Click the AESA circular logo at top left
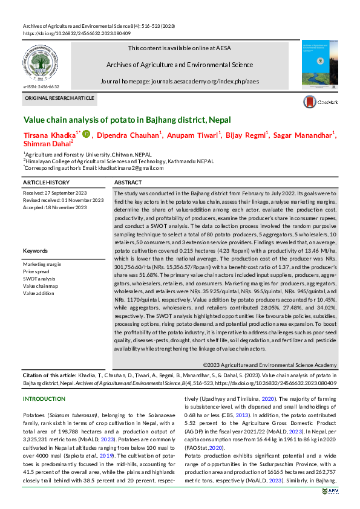pyautogui.click(x=40, y=63)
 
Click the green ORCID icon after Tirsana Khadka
pyautogui.click(x=86, y=134)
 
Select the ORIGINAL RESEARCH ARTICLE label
pyautogui.click(x=59, y=97)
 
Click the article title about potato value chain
pyautogui.click(x=126, y=120)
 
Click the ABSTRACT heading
pyautogui.click(x=128, y=182)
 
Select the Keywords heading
pyautogui.click(x=35, y=250)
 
